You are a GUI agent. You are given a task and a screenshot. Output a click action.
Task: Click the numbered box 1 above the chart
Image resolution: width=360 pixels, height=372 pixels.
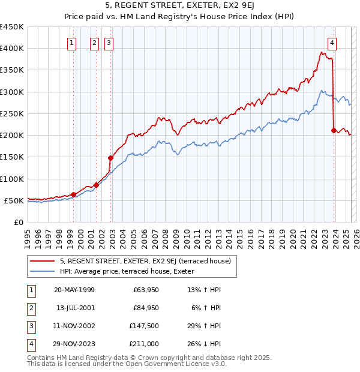pos(72,43)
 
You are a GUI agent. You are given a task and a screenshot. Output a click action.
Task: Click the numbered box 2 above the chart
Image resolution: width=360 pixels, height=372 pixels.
pos(95,43)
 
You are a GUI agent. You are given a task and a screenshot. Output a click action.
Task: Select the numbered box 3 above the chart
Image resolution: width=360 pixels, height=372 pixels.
pos(109,43)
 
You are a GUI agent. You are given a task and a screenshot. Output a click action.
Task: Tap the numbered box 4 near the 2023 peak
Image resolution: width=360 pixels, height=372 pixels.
pos(332,43)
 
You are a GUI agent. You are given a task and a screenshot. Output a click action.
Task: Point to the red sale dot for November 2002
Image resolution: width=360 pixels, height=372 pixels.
pos(110,158)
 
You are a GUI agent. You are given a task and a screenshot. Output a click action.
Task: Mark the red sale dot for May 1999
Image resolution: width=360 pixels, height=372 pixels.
pos(73,194)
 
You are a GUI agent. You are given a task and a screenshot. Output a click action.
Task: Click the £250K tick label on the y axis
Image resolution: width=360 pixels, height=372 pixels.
pos(12,113)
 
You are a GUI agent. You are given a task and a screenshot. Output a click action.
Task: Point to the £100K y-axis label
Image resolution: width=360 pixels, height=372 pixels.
pos(12,179)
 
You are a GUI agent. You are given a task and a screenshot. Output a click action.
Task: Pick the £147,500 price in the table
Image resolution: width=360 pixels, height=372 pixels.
pos(145,326)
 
